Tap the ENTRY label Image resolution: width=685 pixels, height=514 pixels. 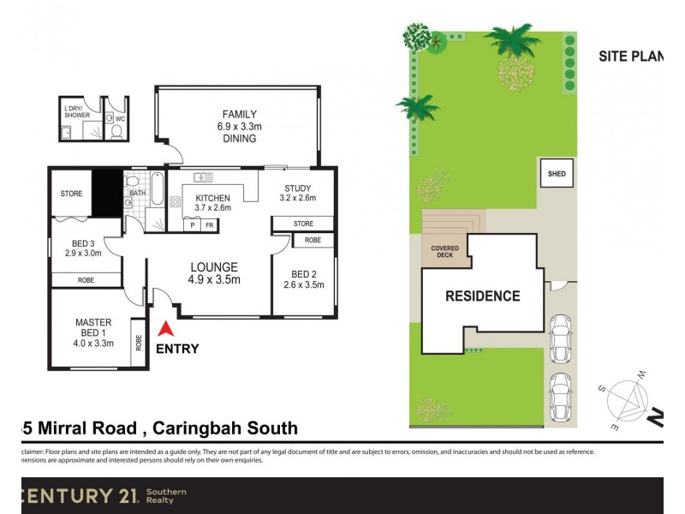pos(177,349)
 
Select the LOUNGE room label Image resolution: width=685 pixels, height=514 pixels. pos(213,272)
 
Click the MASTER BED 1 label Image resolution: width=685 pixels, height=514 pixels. pos(93,332)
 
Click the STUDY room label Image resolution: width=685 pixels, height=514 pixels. pos(297,194)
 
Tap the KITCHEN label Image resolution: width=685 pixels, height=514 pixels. pos(213,202)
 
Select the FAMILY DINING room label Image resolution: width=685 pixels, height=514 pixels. pos(240,126)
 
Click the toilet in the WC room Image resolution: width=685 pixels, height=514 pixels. pos(116,132)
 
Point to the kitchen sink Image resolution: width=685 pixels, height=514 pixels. pos(204,177)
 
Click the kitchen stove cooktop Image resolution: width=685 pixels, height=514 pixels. pos(176,202)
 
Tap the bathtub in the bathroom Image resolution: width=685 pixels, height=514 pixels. pos(157,188)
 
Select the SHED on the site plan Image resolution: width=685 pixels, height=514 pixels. pos(556,174)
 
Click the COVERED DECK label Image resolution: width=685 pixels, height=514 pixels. pos(444,253)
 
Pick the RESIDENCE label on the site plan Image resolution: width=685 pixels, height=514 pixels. pos(482,296)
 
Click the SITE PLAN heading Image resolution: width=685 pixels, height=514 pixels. pos(630,57)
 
